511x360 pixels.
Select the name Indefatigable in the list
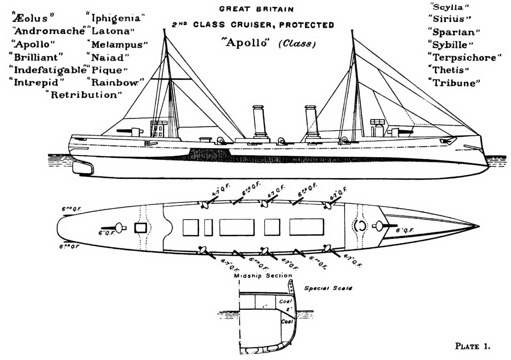pos(48,69)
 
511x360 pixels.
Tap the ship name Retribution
pos(84,95)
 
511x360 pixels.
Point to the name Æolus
pos(34,18)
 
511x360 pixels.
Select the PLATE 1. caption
pos(472,346)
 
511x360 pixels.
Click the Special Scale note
pos(328,288)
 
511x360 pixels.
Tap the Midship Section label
pos(263,276)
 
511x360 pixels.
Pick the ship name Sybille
pos(450,44)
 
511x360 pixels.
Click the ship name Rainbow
pos(115,83)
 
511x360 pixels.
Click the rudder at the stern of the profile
pos(83,168)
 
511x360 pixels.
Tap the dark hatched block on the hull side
pos(209,154)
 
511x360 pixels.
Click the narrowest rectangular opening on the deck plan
pos(208,227)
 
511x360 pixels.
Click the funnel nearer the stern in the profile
pos(259,122)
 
